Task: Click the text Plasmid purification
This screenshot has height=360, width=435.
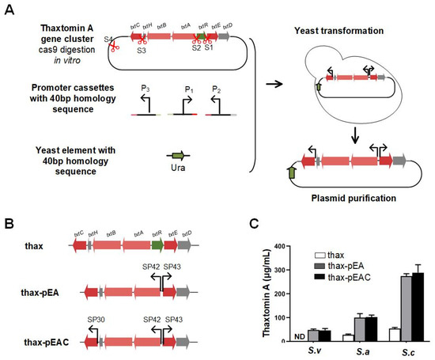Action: point(345,196)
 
